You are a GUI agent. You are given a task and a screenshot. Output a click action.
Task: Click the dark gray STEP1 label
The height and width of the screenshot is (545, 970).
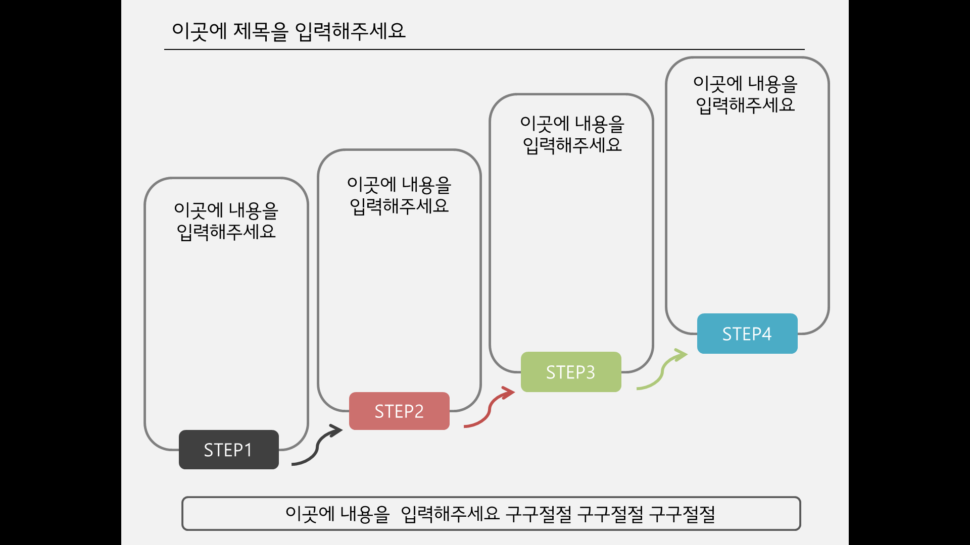(229, 450)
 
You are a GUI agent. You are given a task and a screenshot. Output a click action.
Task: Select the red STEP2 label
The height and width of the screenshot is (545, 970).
(399, 411)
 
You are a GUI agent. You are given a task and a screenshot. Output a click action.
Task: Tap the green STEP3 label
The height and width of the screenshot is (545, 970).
(571, 372)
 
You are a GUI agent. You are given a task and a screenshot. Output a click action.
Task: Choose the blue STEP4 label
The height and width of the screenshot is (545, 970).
(747, 334)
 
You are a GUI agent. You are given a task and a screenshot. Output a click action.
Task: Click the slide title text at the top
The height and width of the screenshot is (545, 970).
(288, 31)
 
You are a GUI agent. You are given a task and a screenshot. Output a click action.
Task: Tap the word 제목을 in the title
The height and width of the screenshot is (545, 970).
(261, 31)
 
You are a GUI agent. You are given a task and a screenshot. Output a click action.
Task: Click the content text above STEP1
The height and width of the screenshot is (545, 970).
(226, 221)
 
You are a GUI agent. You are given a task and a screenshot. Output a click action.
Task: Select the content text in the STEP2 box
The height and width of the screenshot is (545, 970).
(399, 195)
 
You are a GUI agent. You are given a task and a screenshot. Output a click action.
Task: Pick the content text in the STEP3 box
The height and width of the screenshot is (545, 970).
(572, 134)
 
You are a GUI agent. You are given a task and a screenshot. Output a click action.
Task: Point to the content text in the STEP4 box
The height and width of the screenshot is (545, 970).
(745, 94)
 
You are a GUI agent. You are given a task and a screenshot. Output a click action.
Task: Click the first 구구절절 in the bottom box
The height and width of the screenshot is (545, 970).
(539, 514)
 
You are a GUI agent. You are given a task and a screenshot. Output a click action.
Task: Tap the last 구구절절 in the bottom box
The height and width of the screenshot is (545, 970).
(682, 514)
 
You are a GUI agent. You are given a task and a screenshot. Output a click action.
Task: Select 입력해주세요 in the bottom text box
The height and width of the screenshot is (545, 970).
(450, 514)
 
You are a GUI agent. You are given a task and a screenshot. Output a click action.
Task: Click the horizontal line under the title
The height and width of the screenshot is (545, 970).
(484, 49)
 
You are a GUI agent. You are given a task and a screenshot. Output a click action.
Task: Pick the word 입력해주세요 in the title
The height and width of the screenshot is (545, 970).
(350, 31)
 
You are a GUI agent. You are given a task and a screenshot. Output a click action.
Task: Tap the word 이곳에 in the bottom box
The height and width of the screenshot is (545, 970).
(310, 514)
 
